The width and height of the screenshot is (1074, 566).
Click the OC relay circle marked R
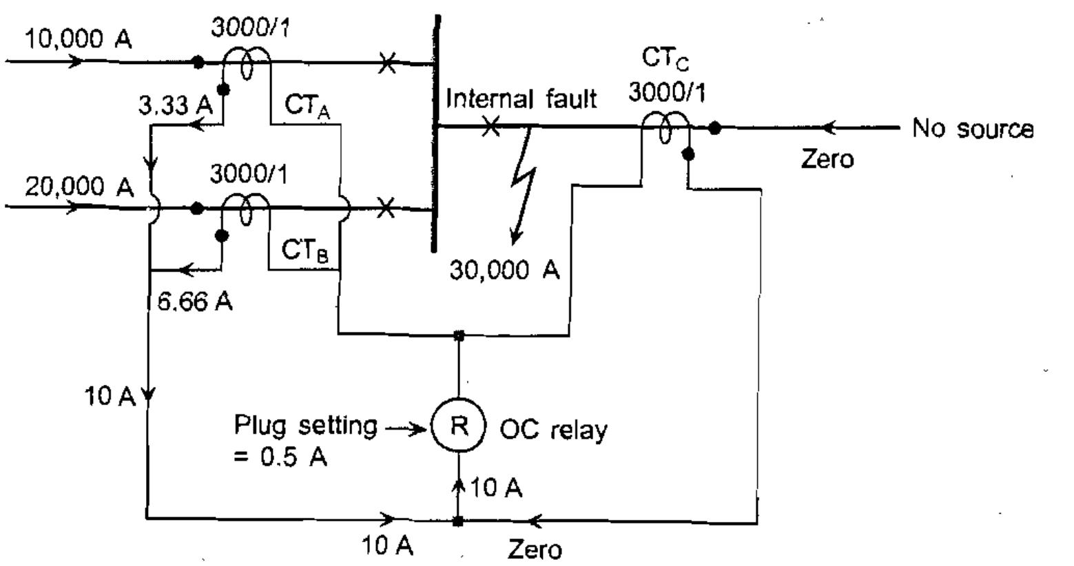pyautogui.click(x=459, y=427)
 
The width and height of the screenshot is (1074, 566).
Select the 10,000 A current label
pyautogui.click(x=78, y=39)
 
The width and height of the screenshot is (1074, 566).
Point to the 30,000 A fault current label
pyautogui.click(x=505, y=271)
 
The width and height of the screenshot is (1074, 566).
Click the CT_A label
pyautogui.click(x=307, y=107)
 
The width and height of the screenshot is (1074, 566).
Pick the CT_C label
pyautogui.click(x=665, y=59)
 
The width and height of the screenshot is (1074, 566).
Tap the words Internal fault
pyautogui.click(x=521, y=99)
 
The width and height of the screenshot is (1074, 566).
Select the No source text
pyautogui.click(x=973, y=129)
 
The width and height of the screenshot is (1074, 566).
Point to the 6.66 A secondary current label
pyautogui.click(x=195, y=301)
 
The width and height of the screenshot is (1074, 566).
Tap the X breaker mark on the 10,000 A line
pyautogui.click(x=388, y=64)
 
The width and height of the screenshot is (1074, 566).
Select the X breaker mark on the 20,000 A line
pyautogui.click(x=387, y=207)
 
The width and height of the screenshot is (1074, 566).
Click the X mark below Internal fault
pyautogui.click(x=490, y=127)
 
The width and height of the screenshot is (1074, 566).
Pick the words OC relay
pyautogui.click(x=553, y=430)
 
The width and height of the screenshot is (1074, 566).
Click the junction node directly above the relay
pyautogui.click(x=459, y=335)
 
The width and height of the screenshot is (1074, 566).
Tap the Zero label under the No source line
pyautogui.click(x=827, y=159)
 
